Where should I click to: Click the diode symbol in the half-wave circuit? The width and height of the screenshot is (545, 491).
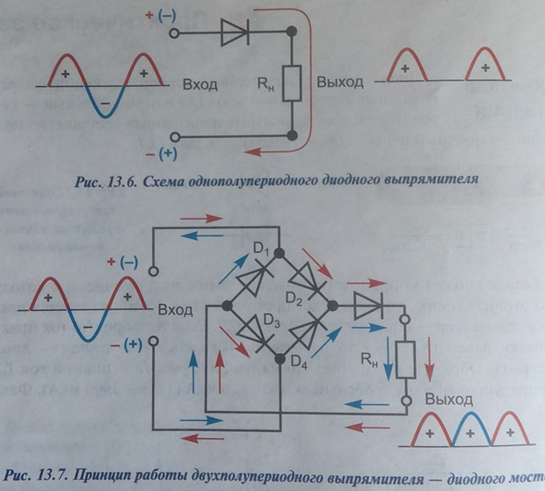click(236, 33)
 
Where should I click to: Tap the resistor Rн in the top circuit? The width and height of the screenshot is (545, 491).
click(292, 84)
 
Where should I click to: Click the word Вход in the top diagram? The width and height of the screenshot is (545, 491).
click(200, 85)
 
